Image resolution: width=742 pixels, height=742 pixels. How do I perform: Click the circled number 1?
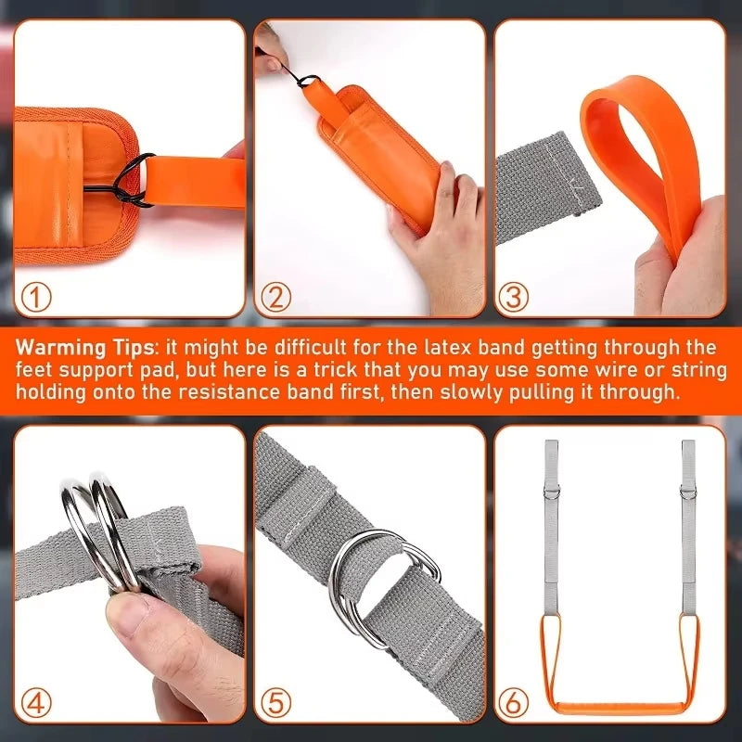[x=36, y=297]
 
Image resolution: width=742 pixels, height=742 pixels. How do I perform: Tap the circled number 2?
[x=275, y=297]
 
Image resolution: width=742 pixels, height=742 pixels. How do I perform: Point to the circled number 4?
[x=36, y=702]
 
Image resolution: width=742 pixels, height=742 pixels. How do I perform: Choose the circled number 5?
[x=275, y=702]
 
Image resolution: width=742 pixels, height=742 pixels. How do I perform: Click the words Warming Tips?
[x=83, y=348]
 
